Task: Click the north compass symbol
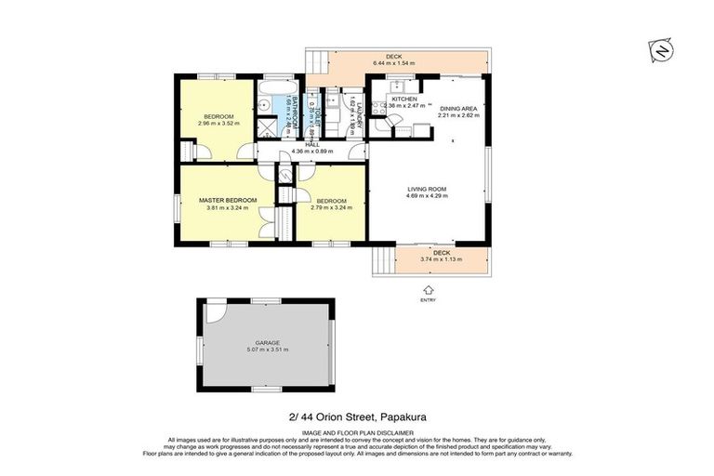(x=660, y=51)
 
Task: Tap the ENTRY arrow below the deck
(x=428, y=290)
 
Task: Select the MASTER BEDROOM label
(x=228, y=200)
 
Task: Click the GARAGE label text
(x=268, y=342)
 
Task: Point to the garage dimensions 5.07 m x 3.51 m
(x=268, y=350)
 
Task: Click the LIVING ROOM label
(x=428, y=190)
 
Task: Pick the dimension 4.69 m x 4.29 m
(x=428, y=197)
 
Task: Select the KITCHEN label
(x=404, y=99)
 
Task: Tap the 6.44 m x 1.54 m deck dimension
(x=394, y=63)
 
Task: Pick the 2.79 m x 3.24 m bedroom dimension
(x=331, y=208)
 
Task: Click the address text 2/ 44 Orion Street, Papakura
(x=357, y=417)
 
